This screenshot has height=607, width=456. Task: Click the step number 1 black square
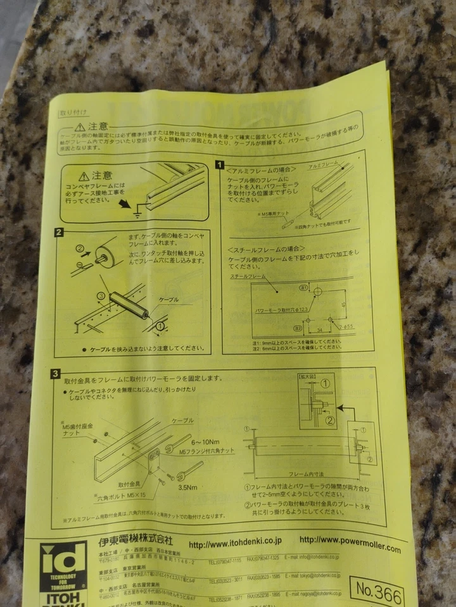tap(220, 165)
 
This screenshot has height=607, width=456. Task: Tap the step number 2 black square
tap(59, 233)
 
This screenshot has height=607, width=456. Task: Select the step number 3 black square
tap(56, 374)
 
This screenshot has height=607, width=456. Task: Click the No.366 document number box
tap(379, 595)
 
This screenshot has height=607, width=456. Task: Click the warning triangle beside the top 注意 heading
tap(80, 128)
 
